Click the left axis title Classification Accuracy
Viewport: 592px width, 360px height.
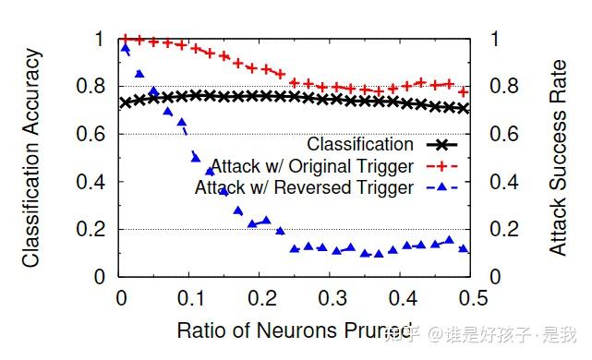[31, 157]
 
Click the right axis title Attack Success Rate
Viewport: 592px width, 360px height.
[559, 157]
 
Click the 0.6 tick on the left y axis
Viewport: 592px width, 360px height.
[96, 135]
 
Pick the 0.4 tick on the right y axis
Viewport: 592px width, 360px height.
[495, 182]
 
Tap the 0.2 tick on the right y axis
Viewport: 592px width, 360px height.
[495, 230]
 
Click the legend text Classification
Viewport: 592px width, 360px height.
[360, 144]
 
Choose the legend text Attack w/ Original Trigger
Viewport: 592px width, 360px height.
[312, 166]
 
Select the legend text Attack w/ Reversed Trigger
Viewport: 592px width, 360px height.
[304, 188]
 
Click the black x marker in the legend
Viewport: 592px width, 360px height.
[441, 144]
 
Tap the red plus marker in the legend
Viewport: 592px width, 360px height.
[441, 166]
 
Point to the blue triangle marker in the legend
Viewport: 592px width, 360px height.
[441, 187]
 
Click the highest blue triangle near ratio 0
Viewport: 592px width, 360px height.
[126, 49]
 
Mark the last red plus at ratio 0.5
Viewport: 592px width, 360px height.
[464, 91]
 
